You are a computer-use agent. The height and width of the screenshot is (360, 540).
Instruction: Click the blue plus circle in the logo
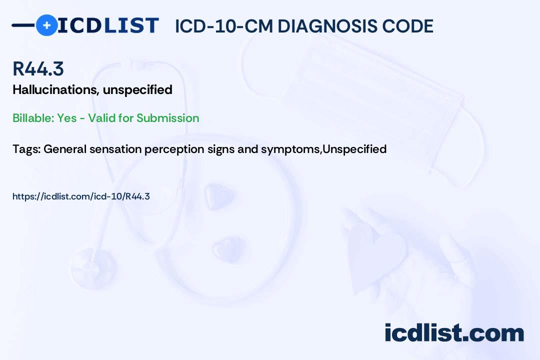[x=47, y=25]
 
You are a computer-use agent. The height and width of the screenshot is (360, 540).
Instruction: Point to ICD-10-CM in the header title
[x=224, y=26]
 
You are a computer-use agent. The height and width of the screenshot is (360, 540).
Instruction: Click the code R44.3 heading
[x=38, y=68]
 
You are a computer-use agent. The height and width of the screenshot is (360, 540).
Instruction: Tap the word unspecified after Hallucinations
[x=138, y=90]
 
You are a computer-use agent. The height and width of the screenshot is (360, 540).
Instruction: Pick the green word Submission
[x=167, y=118]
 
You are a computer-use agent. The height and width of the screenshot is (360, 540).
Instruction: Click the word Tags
[x=27, y=149]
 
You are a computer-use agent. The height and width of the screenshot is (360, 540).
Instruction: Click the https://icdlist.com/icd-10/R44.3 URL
[x=81, y=196]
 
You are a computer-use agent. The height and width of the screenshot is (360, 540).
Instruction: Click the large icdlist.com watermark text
[x=454, y=332]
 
